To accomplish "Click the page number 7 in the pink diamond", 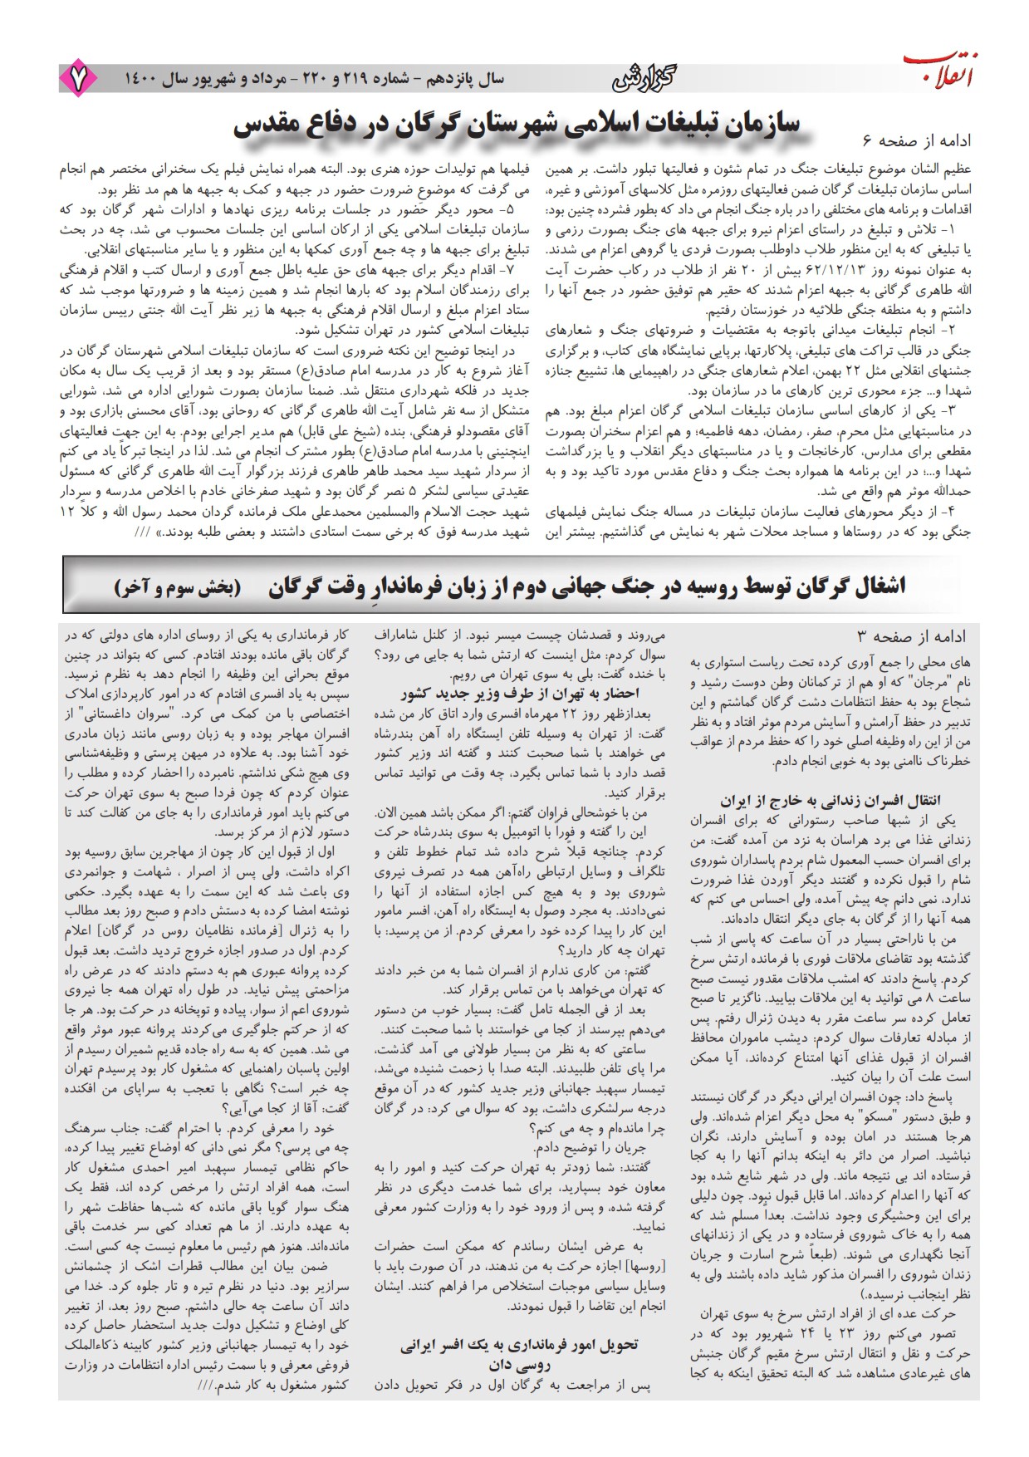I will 78,79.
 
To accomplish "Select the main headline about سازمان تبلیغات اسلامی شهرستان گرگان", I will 516,125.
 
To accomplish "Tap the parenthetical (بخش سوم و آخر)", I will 177,586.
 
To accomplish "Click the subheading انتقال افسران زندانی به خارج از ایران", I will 833,801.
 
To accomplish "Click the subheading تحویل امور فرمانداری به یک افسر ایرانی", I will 519,1343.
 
